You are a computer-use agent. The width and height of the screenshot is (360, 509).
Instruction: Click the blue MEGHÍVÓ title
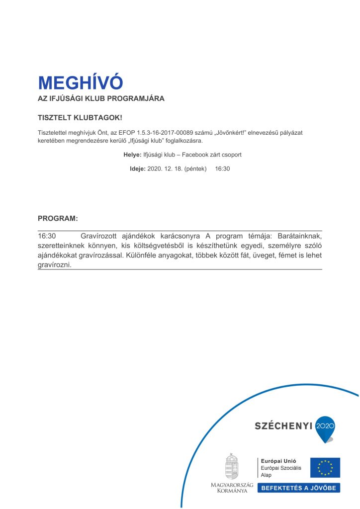(80, 83)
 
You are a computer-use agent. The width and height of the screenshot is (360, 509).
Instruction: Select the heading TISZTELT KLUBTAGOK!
(80, 118)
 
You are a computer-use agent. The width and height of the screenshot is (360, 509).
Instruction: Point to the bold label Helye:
(132, 155)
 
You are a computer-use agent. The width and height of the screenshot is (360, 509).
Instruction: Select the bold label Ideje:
(138, 169)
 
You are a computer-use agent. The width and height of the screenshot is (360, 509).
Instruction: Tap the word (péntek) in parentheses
(195, 169)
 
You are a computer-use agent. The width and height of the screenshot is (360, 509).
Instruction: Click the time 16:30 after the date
(222, 169)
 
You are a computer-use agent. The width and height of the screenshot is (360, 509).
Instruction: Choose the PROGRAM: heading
(58, 218)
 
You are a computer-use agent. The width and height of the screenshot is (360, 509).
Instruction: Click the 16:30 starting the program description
(47, 236)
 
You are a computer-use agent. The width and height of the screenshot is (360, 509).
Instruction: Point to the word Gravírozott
(99, 236)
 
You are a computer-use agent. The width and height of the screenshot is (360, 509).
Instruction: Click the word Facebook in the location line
(197, 155)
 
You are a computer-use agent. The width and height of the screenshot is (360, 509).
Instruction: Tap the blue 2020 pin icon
(326, 428)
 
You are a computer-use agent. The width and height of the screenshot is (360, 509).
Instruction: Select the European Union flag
(325, 468)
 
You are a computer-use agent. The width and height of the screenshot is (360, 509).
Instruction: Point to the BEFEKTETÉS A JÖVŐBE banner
(299, 488)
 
